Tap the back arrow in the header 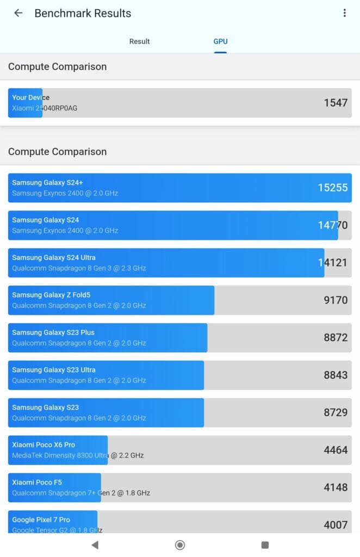(18, 13)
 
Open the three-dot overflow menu (344, 13)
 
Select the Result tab (139, 41)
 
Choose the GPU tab (220, 41)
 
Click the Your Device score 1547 (336, 102)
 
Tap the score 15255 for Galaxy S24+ (333, 188)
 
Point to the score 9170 (336, 300)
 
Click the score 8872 (336, 337)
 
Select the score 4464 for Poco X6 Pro (336, 450)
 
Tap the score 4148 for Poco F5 (336, 487)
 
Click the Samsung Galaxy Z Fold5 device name (51, 295)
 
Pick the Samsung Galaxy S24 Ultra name (54, 257)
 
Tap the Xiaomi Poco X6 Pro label (44, 444)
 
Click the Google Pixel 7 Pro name (41, 519)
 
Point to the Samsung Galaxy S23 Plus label (53, 332)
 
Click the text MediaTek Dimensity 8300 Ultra (60, 455)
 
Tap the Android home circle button (180, 544)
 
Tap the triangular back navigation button (95, 544)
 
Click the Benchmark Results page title (83, 13)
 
